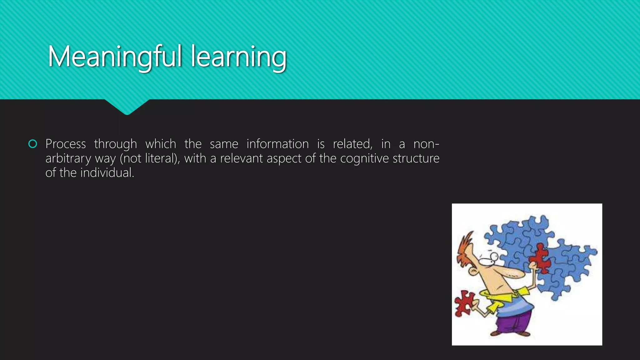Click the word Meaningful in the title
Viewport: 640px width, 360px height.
[115, 57]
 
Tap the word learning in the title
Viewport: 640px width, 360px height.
[238, 57]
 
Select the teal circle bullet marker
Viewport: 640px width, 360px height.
[32, 144]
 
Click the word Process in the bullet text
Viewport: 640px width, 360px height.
[66, 144]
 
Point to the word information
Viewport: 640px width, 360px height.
[277, 144]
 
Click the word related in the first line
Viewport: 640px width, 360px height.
[352, 144]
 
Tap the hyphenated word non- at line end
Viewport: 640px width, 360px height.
[426, 144]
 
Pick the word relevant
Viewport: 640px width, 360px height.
[242, 158]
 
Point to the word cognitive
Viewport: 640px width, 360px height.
[364, 158]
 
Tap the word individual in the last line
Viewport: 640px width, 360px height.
[107, 173]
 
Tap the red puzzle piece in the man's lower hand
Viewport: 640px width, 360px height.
[463, 302]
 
